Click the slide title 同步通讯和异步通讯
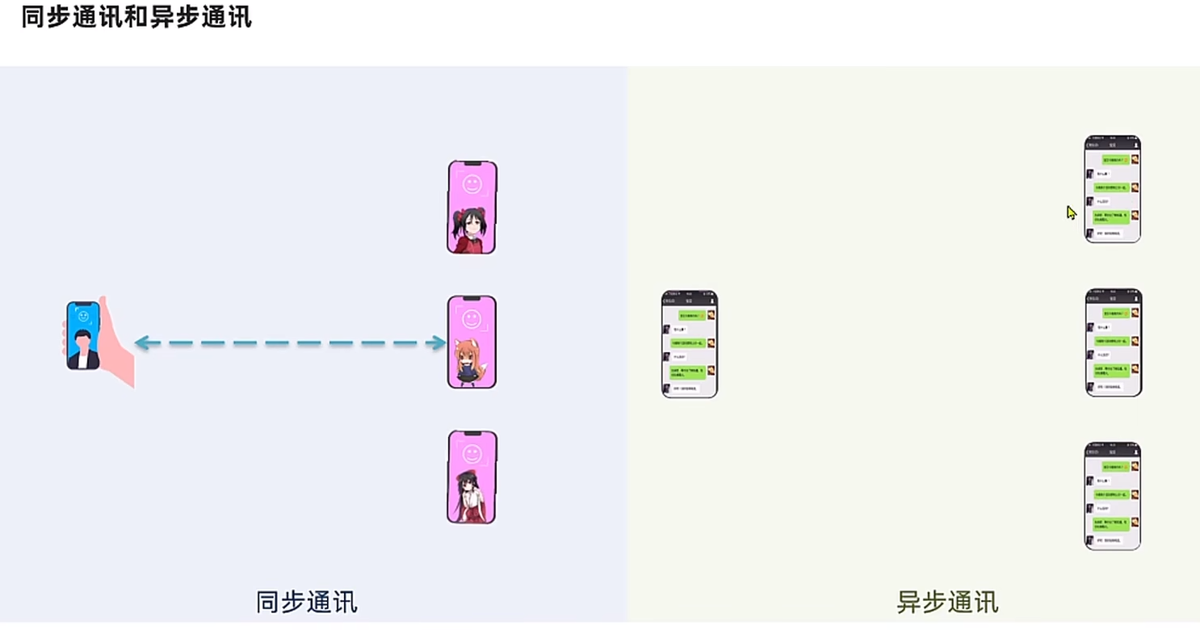(136, 17)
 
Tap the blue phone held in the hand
(83, 335)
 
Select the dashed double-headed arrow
(291, 343)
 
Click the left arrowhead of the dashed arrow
(142, 343)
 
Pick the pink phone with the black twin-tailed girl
(472, 208)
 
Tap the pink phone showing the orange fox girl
(472, 342)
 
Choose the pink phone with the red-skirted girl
(472, 477)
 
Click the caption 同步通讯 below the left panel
(306, 602)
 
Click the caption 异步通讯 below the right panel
(947, 602)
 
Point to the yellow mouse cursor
(1071, 212)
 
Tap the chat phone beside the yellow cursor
(1112, 189)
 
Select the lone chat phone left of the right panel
(690, 344)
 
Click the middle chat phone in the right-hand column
(1113, 342)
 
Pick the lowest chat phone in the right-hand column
(1112, 496)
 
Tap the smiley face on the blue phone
(83, 317)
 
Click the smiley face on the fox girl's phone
(472, 319)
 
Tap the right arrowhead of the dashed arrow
(439, 343)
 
